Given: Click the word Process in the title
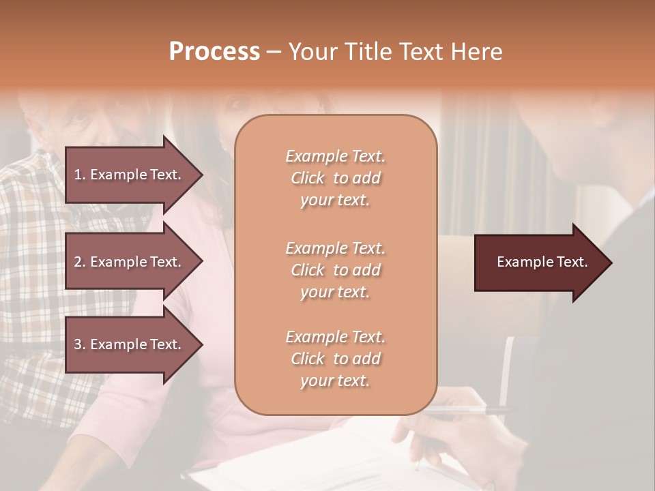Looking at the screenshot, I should (214, 52).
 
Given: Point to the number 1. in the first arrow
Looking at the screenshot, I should (80, 175).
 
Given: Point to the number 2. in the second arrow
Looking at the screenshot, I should (80, 262).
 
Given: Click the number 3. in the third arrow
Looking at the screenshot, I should (80, 344).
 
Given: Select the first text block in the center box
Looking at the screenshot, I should (335, 178).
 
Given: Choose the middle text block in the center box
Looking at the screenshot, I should (335, 270).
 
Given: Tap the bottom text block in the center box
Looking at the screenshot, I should (335, 359).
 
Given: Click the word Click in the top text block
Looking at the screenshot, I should (308, 178).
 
